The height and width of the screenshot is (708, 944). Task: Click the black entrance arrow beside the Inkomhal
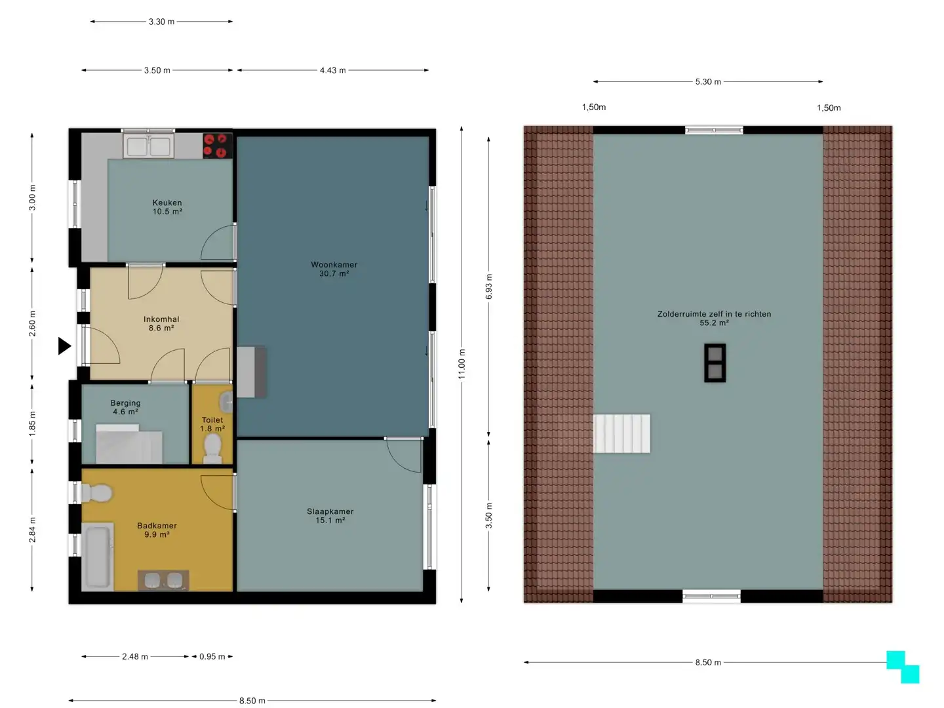tap(64, 346)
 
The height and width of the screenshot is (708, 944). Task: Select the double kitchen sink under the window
tap(148, 146)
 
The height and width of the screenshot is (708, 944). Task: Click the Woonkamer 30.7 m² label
tap(334, 269)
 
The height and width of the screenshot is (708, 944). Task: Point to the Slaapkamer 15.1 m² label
tap(330, 516)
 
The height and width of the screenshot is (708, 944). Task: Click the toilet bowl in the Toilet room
tap(212, 448)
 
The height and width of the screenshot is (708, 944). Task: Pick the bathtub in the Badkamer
tap(98, 557)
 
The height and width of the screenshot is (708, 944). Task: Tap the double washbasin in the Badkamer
tap(163, 580)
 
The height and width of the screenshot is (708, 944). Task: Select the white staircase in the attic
tap(622, 433)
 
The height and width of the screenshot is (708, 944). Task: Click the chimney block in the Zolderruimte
tap(715, 363)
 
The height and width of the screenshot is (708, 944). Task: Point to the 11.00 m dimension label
tap(462, 364)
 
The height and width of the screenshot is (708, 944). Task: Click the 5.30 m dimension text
tap(708, 82)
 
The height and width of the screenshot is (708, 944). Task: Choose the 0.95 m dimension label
tap(212, 656)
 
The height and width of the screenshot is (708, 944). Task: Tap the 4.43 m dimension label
tap(332, 70)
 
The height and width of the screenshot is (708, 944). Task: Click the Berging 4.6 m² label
tap(125, 407)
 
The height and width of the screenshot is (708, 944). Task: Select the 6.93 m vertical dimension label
tap(488, 286)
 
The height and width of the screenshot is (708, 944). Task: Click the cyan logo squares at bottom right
tap(903, 667)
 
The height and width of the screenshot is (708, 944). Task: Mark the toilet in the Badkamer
tap(97, 493)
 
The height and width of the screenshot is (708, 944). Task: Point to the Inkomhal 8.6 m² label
tap(161, 323)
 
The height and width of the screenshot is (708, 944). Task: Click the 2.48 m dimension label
tap(134, 656)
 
